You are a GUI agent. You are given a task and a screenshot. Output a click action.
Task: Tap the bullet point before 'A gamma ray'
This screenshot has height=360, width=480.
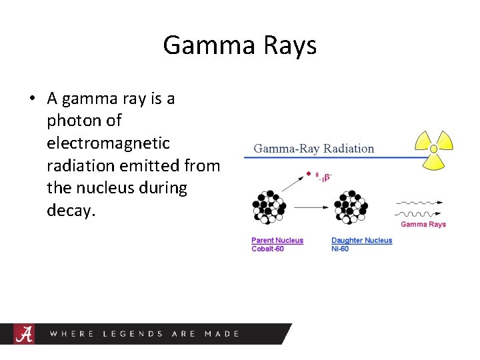pyautogui.click(x=31, y=99)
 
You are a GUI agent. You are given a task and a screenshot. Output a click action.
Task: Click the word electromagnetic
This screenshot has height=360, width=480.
pyautogui.click(x=109, y=143)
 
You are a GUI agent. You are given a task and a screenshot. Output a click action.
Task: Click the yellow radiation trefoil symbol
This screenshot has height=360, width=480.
pyautogui.click(x=433, y=149)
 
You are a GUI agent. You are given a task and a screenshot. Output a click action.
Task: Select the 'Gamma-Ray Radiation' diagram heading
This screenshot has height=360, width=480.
pyautogui.click(x=314, y=149)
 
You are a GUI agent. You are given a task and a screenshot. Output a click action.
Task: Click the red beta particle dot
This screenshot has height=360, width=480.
pyautogui.click(x=308, y=174)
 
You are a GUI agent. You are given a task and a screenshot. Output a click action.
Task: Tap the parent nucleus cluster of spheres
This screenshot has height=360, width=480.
pyautogui.click(x=269, y=207)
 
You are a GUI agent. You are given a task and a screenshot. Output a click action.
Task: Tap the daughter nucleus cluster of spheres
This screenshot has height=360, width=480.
pyautogui.click(x=350, y=207)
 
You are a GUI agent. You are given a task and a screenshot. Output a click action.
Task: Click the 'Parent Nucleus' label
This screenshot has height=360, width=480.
pyautogui.click(x=277, y=240)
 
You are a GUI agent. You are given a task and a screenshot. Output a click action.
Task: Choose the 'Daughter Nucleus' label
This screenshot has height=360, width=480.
pyautogui.click(x=362, y=240)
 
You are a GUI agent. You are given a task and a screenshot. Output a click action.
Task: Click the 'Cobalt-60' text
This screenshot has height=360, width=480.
pyautogui.click(x=267, y=249)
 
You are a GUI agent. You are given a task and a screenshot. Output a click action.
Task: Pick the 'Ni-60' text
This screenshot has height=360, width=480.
pyautogui.click(x=340, y=249)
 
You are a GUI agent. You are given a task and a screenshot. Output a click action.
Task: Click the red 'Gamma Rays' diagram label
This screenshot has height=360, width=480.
pyautogui.click(x=423, y=224)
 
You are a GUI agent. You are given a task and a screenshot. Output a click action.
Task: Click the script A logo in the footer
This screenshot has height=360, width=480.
pyautogui.click(x=23, y=333)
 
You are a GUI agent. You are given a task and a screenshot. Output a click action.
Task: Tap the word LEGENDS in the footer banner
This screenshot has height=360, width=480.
pyautogui.click(x=133, y=333)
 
